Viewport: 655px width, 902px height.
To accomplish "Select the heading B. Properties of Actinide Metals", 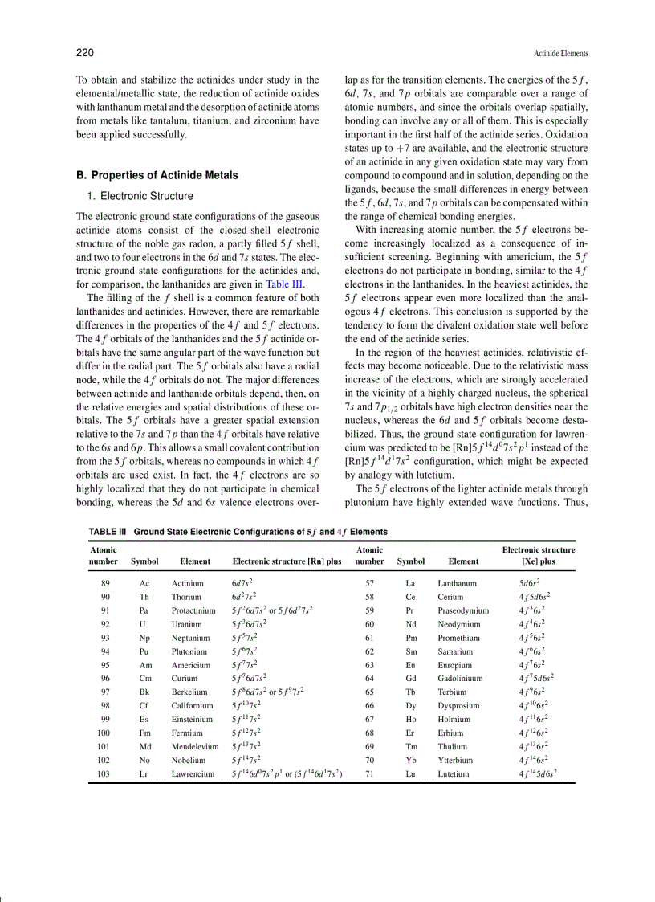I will (x=157, y=175).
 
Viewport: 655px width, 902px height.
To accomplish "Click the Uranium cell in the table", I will (x=186, y=623).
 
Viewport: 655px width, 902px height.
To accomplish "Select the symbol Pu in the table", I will (x=145, y=651).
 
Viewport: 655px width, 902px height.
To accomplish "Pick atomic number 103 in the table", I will (x=104, y=774).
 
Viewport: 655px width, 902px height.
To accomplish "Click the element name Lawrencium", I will (x=193, y=774).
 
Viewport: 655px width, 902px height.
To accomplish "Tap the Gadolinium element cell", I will (x=461, y=679).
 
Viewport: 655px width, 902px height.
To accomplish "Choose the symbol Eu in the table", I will (x=410, y=665).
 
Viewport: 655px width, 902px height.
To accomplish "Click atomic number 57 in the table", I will (x=369, y=583).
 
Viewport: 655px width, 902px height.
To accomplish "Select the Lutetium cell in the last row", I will (x=454, y=774).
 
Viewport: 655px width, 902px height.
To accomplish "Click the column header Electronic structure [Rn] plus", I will (x=287, y=561).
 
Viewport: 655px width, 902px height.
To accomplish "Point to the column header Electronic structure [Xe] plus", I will (x=538, y=556).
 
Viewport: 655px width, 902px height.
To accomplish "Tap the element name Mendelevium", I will (x=195, y=747).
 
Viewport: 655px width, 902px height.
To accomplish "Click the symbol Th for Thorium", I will (x=144, y=597).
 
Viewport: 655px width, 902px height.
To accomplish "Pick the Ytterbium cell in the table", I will (x=455, y=760).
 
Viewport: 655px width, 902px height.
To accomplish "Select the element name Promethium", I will (x=459, y=638).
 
